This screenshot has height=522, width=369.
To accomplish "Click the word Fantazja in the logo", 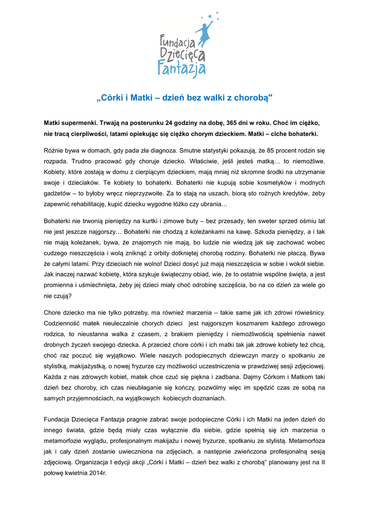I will [181, 68].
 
